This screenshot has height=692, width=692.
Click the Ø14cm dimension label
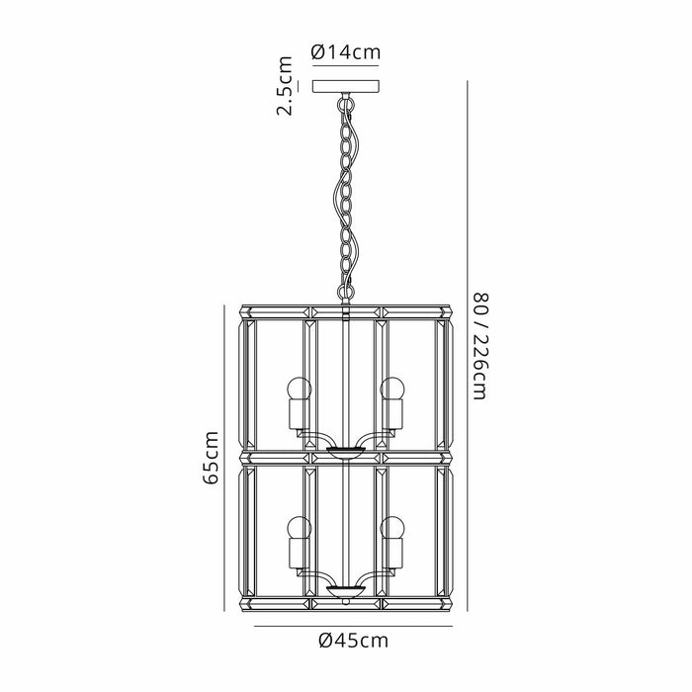tap(345, 52)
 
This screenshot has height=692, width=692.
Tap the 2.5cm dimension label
tap(285, 86)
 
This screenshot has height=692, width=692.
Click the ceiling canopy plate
tap(345, 86)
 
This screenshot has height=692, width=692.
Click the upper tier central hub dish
tap(345, 452)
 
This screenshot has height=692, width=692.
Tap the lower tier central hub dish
tap(345, 591)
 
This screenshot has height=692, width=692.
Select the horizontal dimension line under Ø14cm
tap(345, 66)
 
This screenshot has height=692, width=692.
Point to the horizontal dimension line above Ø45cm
tap(345, 624)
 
